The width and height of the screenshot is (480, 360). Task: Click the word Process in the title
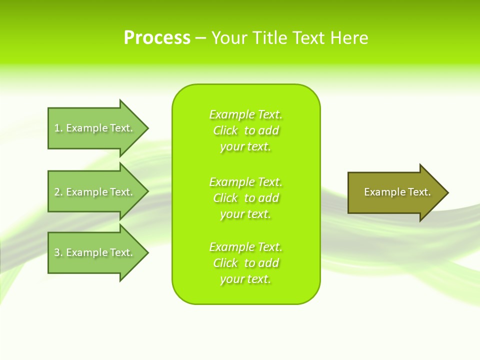157,38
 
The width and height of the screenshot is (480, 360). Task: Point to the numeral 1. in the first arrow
58,128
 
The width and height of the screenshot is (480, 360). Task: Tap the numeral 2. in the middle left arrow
58,192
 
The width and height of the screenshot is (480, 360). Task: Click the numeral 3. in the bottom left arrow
58,252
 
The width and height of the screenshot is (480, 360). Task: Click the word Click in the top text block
225,130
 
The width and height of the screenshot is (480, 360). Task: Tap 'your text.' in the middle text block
245,214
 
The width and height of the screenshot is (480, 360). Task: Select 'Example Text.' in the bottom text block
245,247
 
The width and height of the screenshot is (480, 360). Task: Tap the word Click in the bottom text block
225,263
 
